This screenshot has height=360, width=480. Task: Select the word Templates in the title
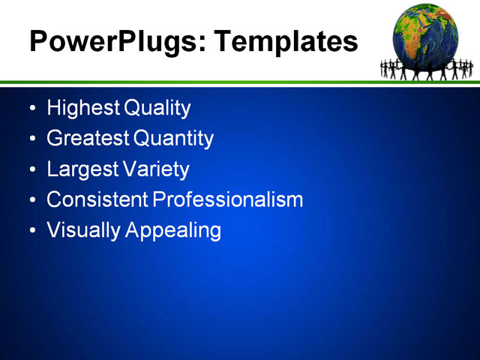click(x=286, y=41)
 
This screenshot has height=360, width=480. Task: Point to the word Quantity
click(x=174, y=139)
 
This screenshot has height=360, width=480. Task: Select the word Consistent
click(x=97, y=199)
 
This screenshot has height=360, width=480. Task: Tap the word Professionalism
click(x=228, y=199)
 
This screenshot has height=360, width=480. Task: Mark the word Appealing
click(x=173, y=231)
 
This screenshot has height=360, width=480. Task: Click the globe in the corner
click(x=425, y=34)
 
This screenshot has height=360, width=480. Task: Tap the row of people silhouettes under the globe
click(x=427, y=70)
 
